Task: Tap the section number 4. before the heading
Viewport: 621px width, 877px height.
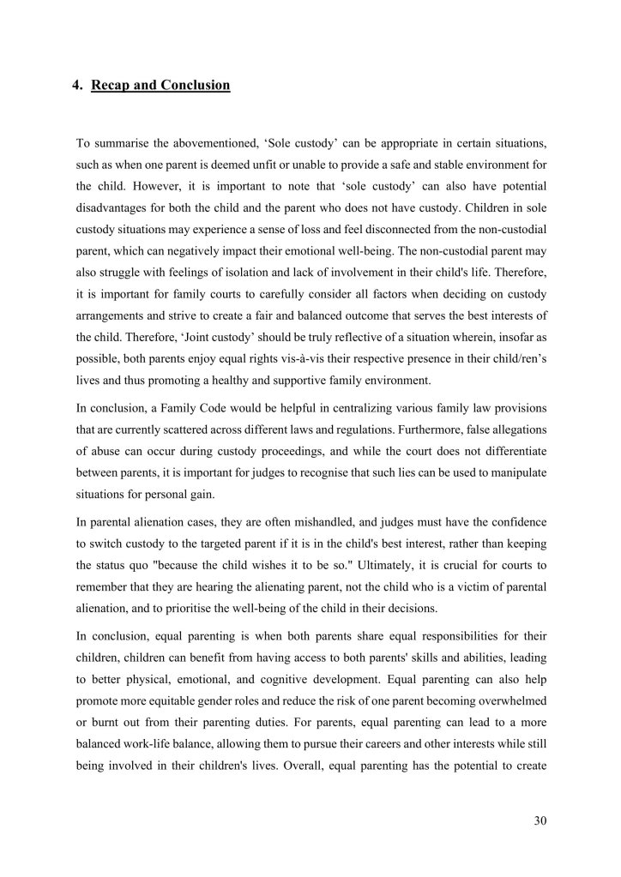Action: [77, 85]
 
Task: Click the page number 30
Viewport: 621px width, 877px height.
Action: [540, 820]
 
